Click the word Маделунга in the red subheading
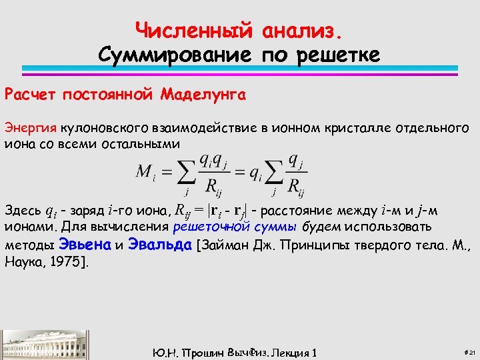pos(203,95)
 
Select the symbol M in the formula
pos(143,171)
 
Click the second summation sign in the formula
pos(273,173)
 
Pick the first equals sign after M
pos(165,172)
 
